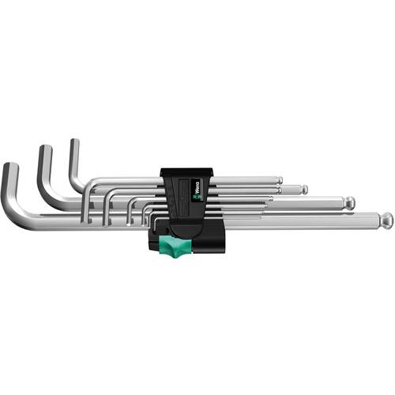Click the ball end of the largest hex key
point(387,219)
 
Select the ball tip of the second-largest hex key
point(350,204)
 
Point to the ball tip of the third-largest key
point(303,190)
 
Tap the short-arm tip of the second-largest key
point(42,149)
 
